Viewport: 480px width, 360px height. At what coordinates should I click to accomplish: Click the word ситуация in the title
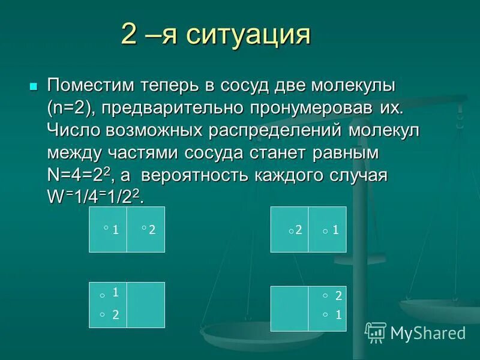pyautogui.click(x=248, y=35)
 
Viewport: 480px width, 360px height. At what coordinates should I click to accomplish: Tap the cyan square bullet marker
pyautogui.click(x=34, y=86)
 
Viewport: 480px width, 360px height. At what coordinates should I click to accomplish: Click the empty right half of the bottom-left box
pyautogui.click(x=146, y=305)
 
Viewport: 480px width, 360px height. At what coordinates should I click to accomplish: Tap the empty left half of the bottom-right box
pyautogui.click(x=289, y=308)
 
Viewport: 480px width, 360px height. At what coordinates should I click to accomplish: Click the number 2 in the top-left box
pyautogui.click(x=152, y=229)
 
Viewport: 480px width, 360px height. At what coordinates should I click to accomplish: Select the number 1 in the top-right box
pyautogui.click(x=335, y=229)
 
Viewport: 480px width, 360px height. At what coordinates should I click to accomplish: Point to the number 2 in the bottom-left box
pyautogui.click(x=116, y=314)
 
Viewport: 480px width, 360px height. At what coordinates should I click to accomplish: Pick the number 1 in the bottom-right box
pyautogui.click(x=338, y=313)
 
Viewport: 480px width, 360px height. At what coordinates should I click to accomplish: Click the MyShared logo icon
pyautogui.click(x=376, y=332)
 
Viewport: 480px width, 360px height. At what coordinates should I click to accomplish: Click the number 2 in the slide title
pyautogui.click(x=128, y=35)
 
